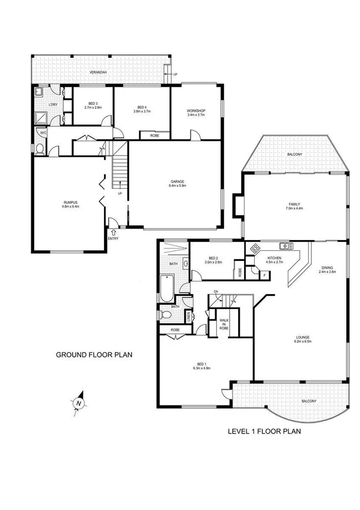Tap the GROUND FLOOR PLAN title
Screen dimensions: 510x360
94,355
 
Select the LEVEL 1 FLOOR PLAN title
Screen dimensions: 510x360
264,431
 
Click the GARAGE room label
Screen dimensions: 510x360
176,182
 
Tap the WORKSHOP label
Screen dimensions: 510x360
197,111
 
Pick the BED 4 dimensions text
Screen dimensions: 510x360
141,111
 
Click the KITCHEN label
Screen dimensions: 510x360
274,258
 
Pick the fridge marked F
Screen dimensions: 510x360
265,275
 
